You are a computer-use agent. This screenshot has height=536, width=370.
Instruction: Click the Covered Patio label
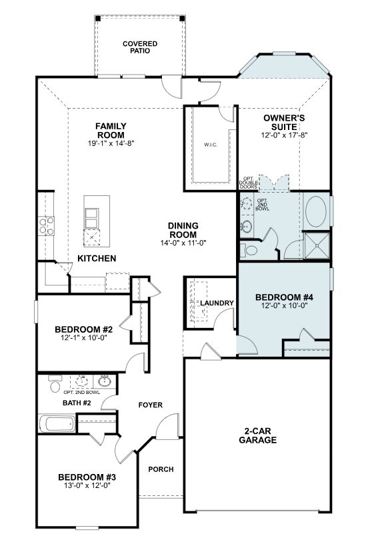click(x=140, y=47)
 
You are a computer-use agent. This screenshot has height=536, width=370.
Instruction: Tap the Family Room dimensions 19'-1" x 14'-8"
click(x=111, y=143)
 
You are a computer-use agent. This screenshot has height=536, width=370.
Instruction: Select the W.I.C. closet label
click(x=211, y=145)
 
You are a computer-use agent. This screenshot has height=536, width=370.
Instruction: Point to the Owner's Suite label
click(x=284, y=123)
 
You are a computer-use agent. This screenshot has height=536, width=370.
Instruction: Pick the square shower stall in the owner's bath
click(x=317, y=245)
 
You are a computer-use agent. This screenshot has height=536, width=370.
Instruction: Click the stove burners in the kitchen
click(x=47, y=225)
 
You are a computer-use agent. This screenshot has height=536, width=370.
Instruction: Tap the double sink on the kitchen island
click(x=91, y=219)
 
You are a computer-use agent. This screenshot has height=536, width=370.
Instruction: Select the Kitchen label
click(x=97, y=259)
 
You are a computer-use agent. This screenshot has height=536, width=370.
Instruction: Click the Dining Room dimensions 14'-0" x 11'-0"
click(x=183, y=243)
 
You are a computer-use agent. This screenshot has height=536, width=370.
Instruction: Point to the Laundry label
click(x=217, y=303)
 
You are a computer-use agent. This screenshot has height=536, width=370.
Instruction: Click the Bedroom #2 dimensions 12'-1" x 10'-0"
click(x=83, y=338)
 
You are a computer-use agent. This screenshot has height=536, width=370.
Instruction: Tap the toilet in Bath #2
click(x=55, y=384)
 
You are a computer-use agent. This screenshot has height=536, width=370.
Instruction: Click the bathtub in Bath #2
click(x=57, y=423)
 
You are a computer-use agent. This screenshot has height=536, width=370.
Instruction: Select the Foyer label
click(x=151, y=405)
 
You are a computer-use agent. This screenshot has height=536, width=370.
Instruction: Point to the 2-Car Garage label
click(x=258, y=435)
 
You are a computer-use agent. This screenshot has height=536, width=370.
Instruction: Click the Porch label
click(x=161, y=469)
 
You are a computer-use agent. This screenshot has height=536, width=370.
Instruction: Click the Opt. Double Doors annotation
click(x=249, y=183)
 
